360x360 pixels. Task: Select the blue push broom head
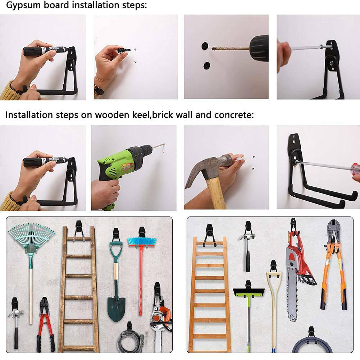(142, 242)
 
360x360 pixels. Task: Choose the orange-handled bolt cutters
(334, 264)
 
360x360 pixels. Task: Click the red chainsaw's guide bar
(292, 296)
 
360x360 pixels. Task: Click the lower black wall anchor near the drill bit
(207, 66)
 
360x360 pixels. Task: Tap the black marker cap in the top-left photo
(32, 51)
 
